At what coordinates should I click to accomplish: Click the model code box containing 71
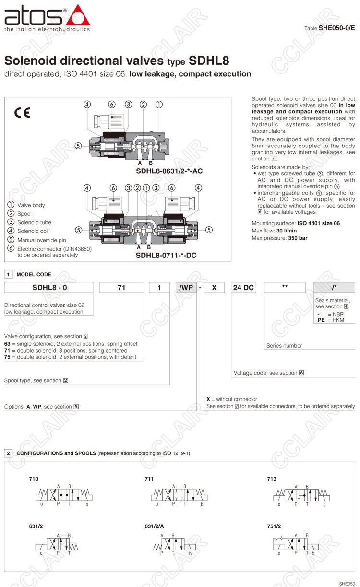121,288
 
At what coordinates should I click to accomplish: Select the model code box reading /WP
186,288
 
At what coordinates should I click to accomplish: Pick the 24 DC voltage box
243,288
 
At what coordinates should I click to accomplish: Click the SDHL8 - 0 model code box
49,288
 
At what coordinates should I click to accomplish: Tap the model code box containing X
215,288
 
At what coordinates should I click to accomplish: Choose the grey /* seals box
334,288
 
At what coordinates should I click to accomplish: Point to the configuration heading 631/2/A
154,526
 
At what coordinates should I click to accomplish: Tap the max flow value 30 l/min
287,231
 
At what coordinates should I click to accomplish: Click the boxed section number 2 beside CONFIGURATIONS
9,453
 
